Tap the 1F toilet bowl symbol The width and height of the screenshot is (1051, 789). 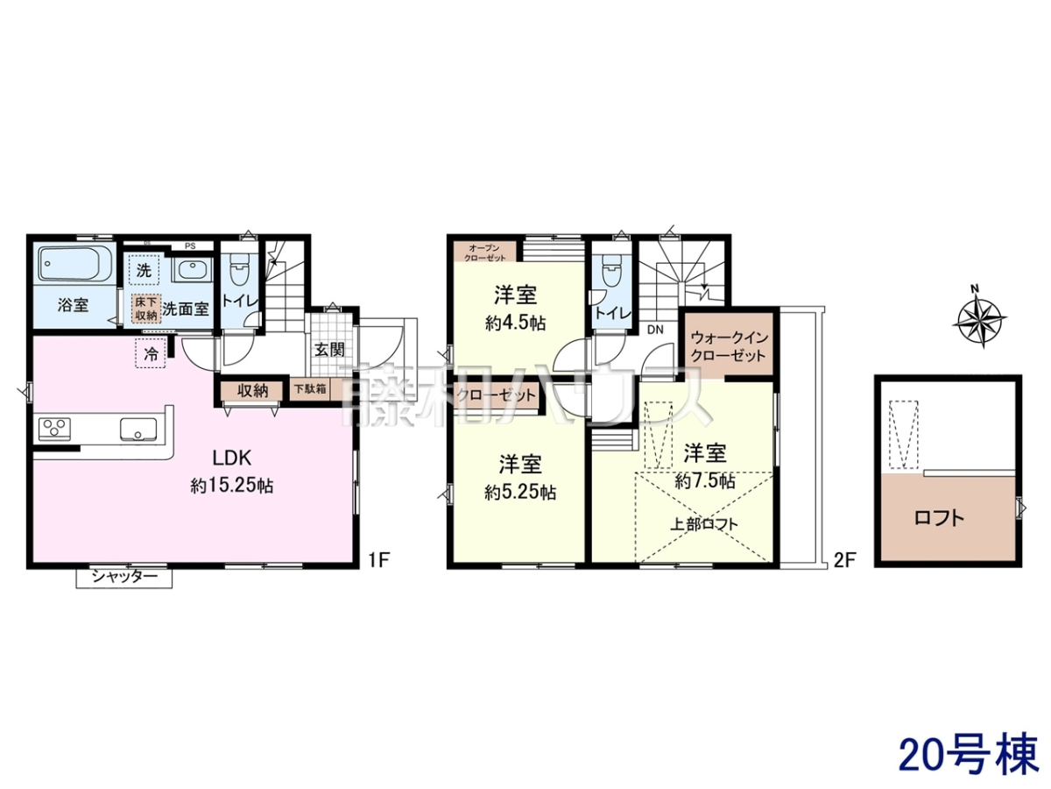coord(239,269)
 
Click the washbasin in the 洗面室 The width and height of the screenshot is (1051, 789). coord(192,272)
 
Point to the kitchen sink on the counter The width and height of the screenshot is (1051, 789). coord(138,429)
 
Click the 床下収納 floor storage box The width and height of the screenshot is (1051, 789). coord(145,309)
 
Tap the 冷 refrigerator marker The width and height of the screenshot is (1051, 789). coord(152,353)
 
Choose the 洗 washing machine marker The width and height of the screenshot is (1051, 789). coord(143,270)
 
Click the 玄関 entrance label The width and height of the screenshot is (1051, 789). coord(330,349)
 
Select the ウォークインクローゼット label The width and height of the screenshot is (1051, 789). coord(729,347)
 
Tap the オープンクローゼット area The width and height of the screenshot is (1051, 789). coord(485,252)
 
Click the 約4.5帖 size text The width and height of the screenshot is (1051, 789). coord(515,323)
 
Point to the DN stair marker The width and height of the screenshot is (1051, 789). coord(655,330)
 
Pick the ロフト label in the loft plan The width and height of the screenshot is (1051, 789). coord(940,518)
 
